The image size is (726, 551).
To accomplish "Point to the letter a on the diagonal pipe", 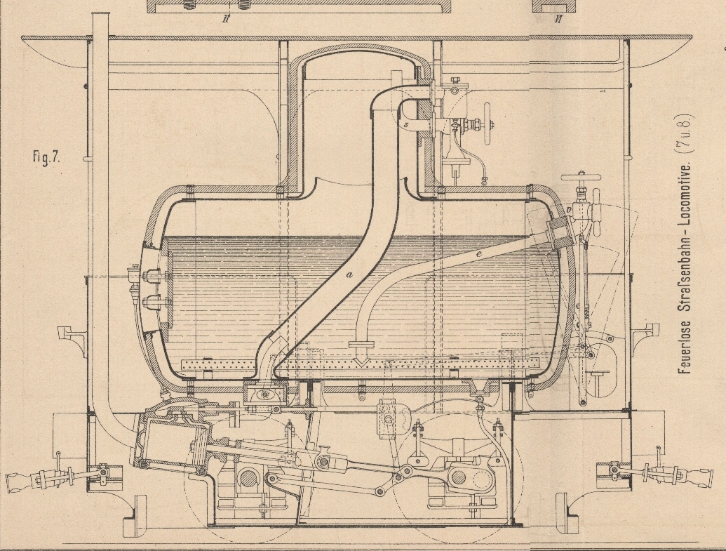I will click(348, 274).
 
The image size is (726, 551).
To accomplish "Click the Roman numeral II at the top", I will click(226, 19).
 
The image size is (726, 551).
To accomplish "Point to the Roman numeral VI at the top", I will click(558, 19).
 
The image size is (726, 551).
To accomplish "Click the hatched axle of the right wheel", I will click(458, 477).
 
